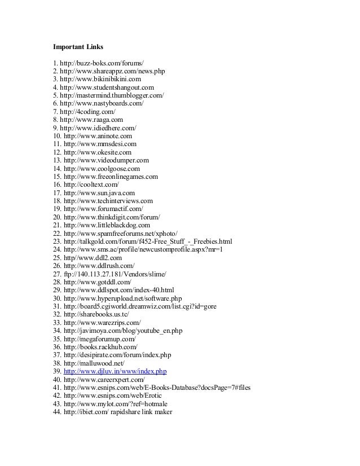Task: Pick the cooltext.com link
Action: click(91, 184)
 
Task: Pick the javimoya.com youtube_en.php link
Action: click(121, 331)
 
